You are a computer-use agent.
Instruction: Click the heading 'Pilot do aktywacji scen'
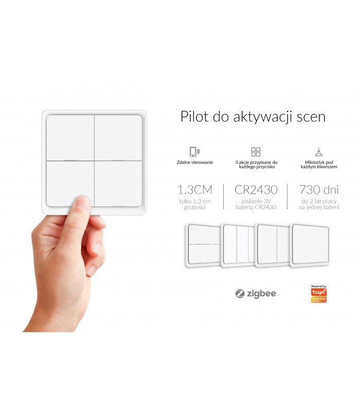(x=253, y=117)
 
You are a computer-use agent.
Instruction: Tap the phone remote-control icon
(x=194, y=152)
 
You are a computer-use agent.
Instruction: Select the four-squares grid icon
(x=256, y=152)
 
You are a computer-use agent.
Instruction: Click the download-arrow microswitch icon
(x=319, y=152)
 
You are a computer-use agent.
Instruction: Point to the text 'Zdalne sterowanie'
(x=194, y=162)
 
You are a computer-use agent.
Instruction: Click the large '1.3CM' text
(x=194, y=190)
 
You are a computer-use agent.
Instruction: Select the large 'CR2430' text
(x=256, y=190)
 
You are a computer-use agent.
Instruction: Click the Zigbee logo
(x=256, y=293)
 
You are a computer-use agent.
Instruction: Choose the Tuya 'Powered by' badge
(x=319, y=293)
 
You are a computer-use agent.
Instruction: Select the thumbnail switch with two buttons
(x=273, y=244)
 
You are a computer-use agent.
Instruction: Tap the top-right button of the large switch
(x=118, y=138)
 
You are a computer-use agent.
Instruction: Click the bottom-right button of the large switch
(x=118, y=184)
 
